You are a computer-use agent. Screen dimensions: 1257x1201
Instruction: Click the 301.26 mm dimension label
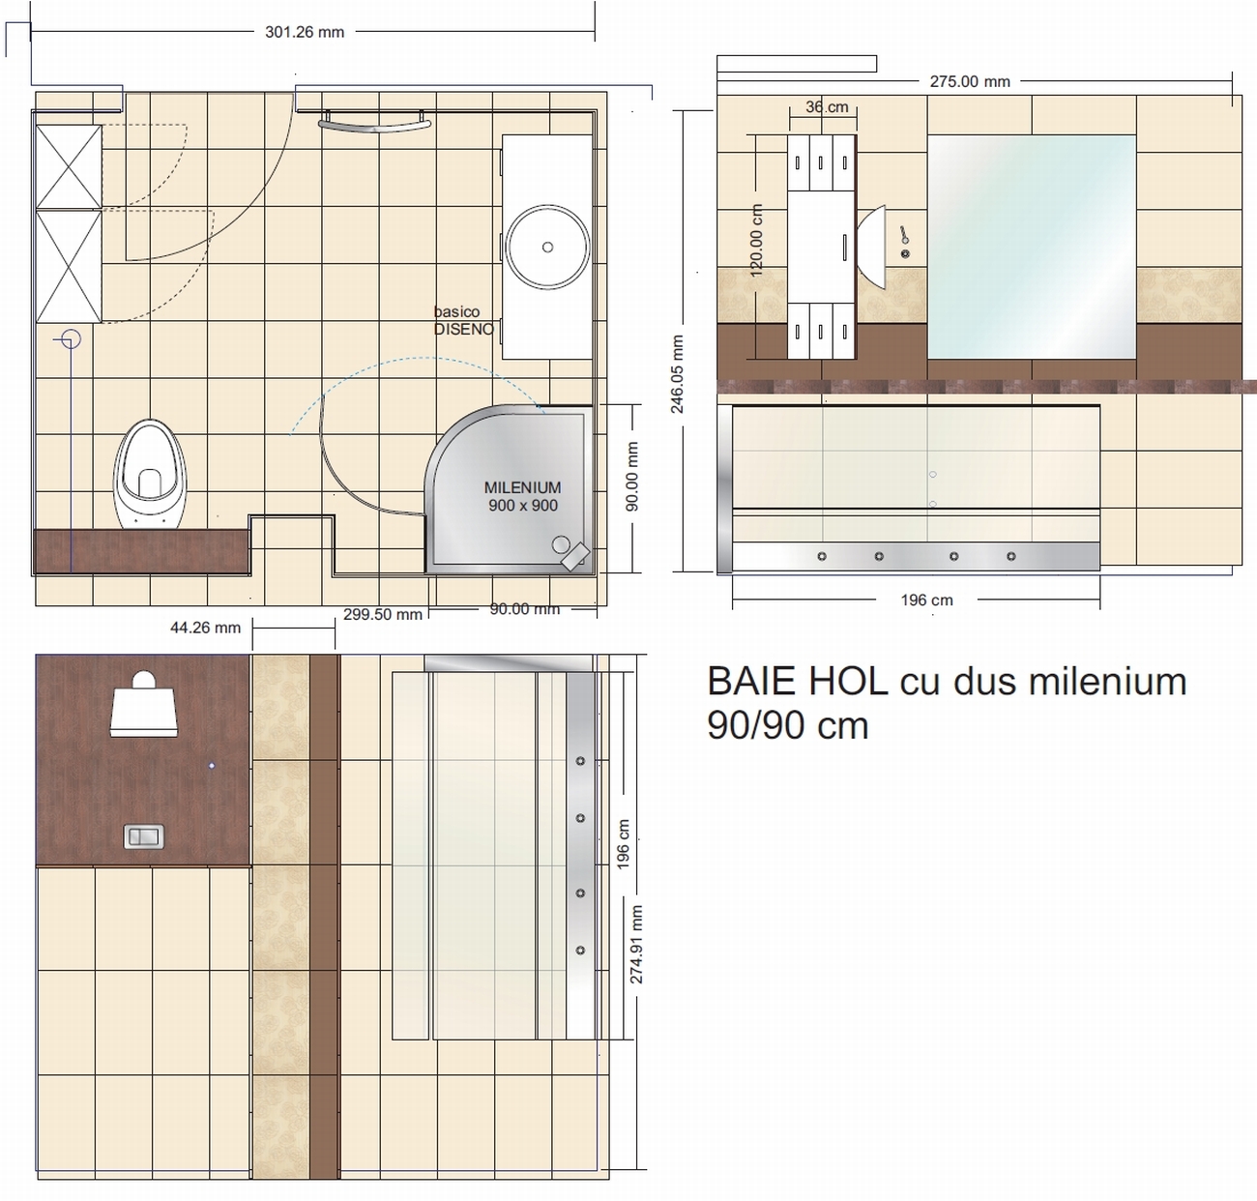click(305, 32)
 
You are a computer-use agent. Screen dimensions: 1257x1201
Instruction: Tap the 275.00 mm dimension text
click(970, 81)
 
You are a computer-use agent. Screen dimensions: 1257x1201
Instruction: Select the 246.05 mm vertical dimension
click(677, 374)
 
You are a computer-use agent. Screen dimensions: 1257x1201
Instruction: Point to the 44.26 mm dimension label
click(205, 628)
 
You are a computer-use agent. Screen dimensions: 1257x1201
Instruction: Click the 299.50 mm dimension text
click(382, 614)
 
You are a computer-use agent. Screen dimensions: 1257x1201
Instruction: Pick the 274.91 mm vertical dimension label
click(636, 944)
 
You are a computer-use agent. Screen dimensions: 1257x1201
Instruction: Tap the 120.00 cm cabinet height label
click(756, 241)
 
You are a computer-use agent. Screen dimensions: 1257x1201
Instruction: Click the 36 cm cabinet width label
click(827, 106)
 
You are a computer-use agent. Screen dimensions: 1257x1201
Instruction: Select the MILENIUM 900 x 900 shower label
click(522, 496)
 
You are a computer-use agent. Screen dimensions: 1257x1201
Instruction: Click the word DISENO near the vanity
click(464, 329)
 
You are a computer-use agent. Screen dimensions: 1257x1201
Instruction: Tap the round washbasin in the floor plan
click(547, 247)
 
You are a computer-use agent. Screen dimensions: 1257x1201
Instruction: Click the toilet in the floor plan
click(150, 474)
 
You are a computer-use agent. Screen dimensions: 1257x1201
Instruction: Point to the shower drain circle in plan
click(561, 544)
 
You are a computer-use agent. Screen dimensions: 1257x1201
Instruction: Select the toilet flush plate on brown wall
click(144, 836)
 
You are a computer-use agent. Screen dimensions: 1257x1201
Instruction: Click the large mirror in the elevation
click(1032, 247)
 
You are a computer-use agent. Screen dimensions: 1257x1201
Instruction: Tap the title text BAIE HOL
click(797, 681)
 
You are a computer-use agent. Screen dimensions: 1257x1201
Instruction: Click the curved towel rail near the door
click(374, 124)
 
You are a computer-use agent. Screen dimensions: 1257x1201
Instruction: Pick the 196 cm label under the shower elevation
click(926, 600)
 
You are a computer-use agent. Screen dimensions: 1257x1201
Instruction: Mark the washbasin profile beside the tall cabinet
click(871, 247)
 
